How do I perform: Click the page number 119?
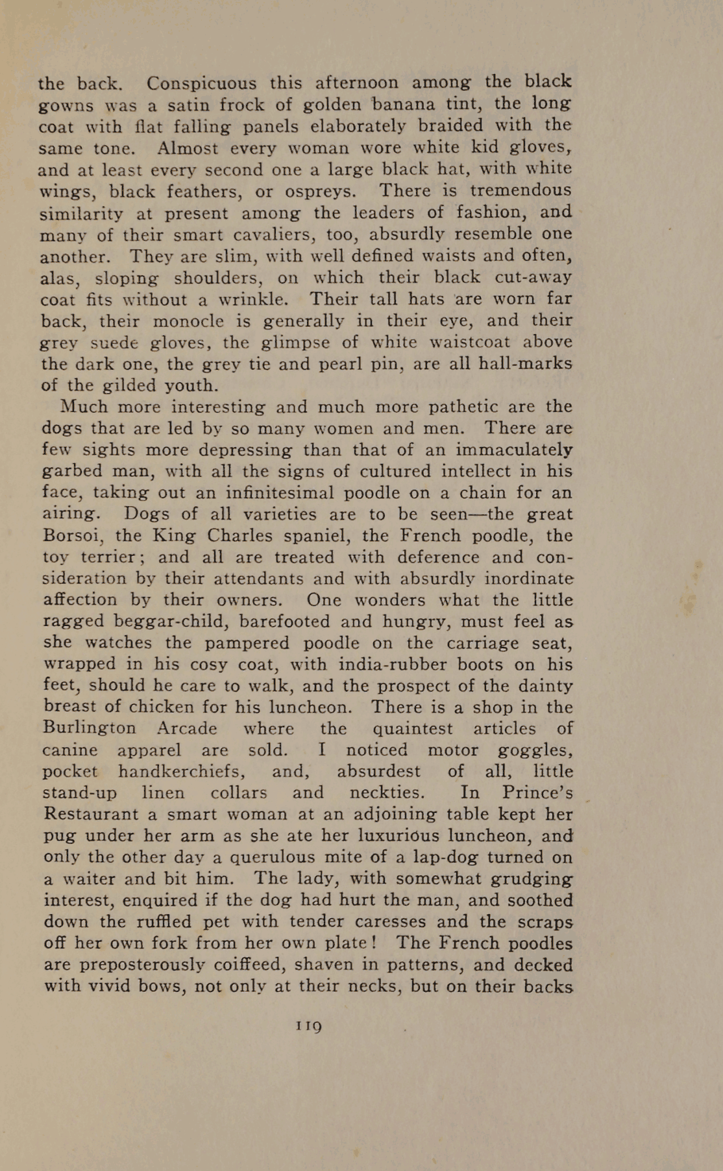309,1026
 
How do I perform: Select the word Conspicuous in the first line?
201,84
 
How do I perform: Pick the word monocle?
188,321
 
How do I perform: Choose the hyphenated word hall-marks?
525,363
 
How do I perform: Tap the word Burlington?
90,728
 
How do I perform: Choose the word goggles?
535,750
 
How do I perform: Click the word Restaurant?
92,814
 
